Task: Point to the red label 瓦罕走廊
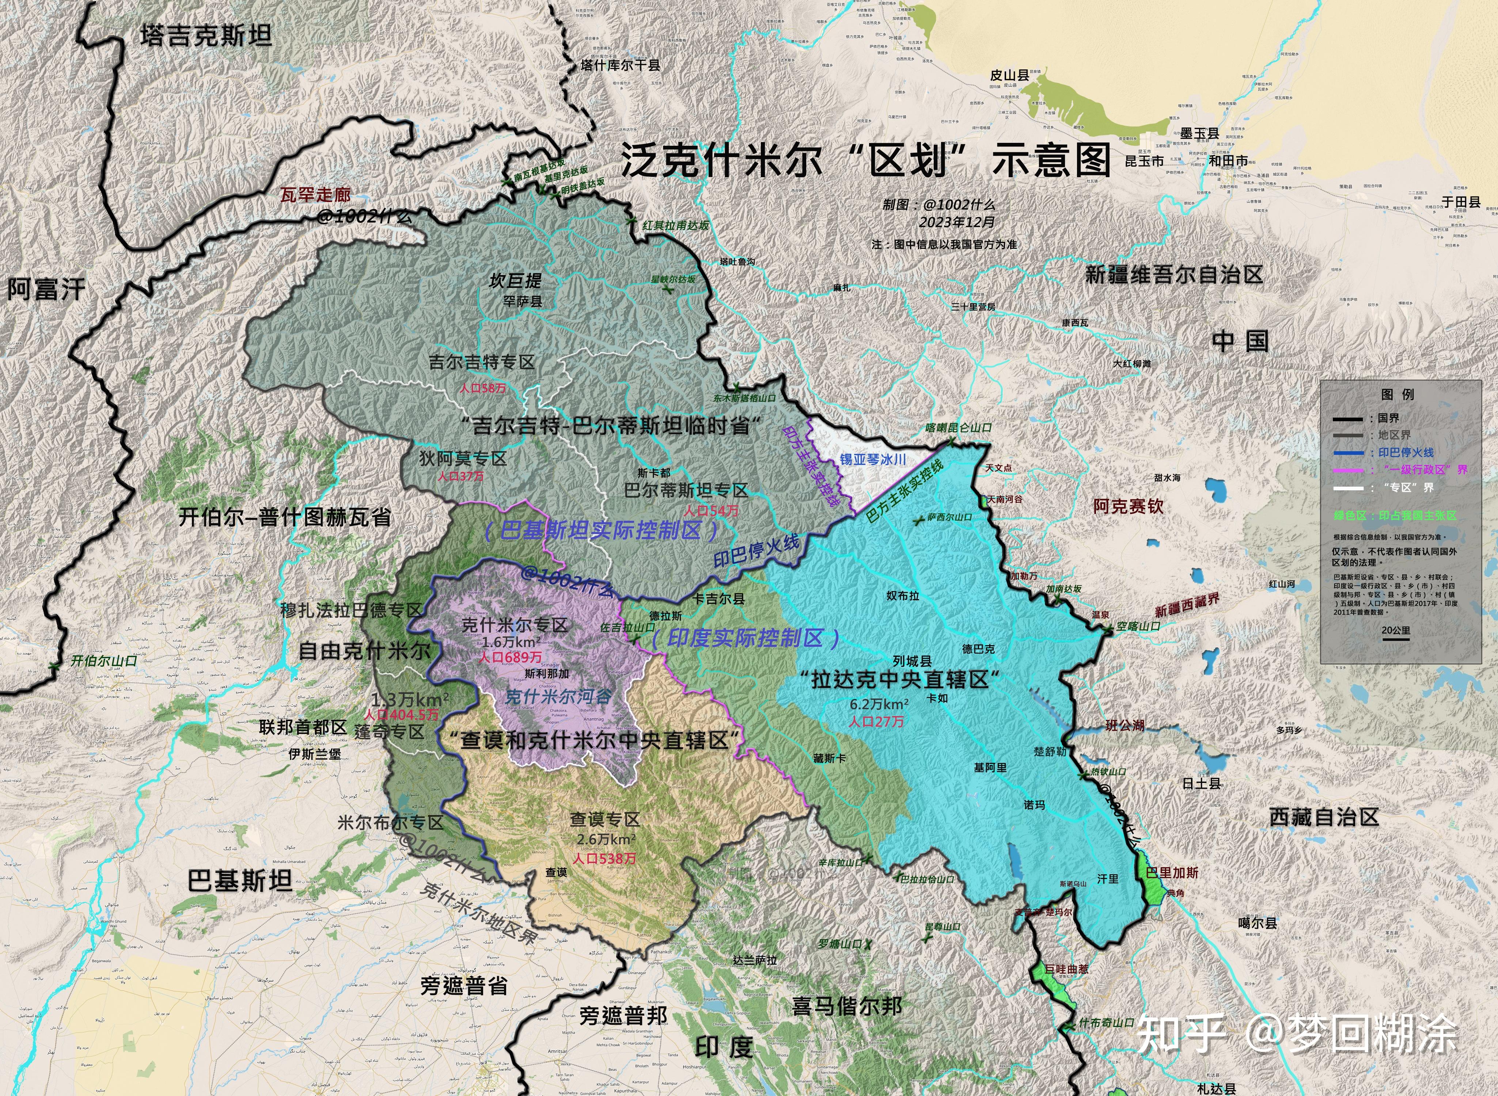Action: (315, 195)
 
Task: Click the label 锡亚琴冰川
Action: (873, 459)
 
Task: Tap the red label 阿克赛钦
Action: (1128, 507)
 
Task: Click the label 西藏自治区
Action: (1324, 817)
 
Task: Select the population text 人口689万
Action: (511, 658)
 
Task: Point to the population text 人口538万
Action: (604, 859)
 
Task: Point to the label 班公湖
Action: (1125, 726)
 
